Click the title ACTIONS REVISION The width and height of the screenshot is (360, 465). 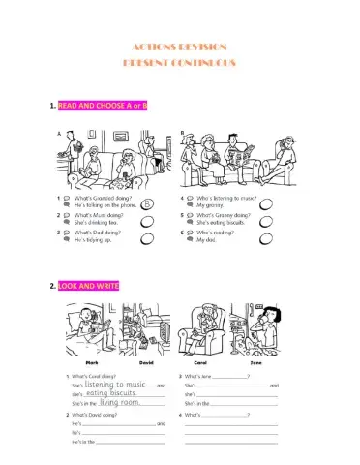coord(180,47)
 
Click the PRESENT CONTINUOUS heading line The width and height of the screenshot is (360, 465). coord(180,63)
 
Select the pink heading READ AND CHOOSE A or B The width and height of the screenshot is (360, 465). coord(103,104)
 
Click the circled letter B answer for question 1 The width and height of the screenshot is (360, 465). coord(147,204)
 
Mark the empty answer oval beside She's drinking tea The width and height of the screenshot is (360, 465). coord(148,221)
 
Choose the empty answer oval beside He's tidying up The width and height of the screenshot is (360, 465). coord(148,237)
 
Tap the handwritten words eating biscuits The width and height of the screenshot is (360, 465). coord(109,393)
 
